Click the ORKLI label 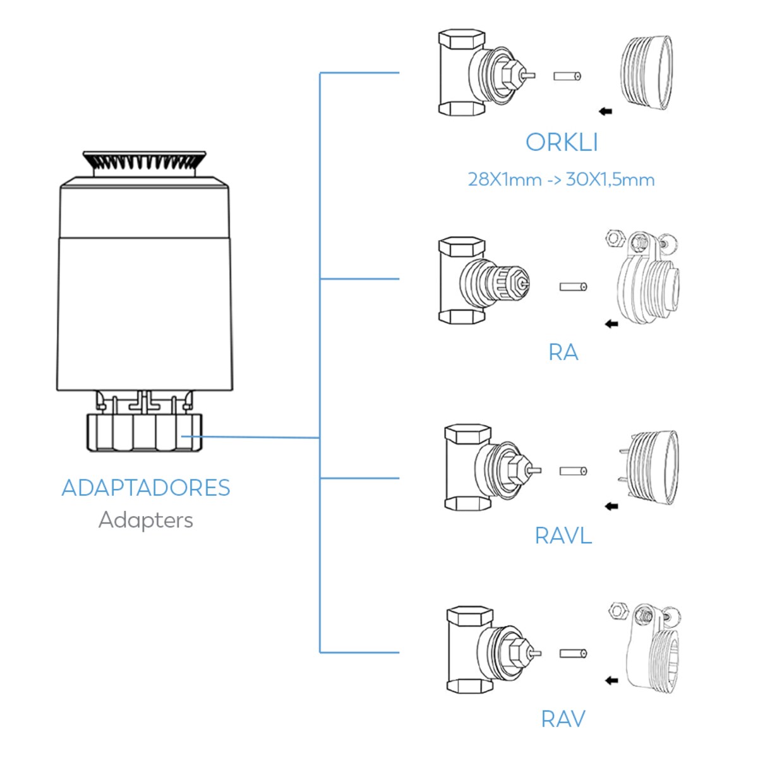pyautogui.click(x=561, y=142)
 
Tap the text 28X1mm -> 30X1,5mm pyautogui.click(x=561, y=179)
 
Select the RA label pyautogui.click(x=563, y=352)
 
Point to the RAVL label pyautogui.click(x=563, y=536)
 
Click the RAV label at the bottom pyautogui.click(x=563, y=719)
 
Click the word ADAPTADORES pyautogui.click(x=146, y=488)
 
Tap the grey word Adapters pyautogui.click(x=146, y=520)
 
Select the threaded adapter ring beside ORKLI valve pyautogui.click(x=644, y=71)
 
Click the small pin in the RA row pyautogui.click(x=574, y=287)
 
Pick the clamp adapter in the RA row pyautogui.click(x=644, y=278)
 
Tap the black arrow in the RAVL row pyautogui.click(x=611, y=506)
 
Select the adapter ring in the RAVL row pyautogui.click(x=649, y=467)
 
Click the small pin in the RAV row pyautogui.click(x=574, y=653)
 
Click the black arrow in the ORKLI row pyautogui.click(x=605, y=112)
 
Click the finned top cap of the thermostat pyautogui.click(x=144, y=164)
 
